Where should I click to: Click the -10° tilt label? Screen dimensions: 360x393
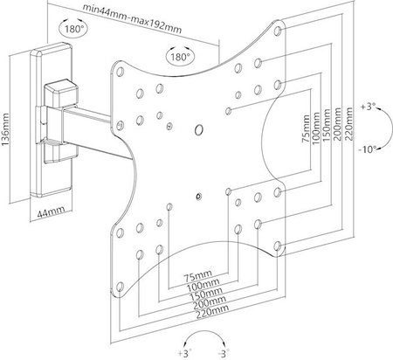[x=369, y=149]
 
